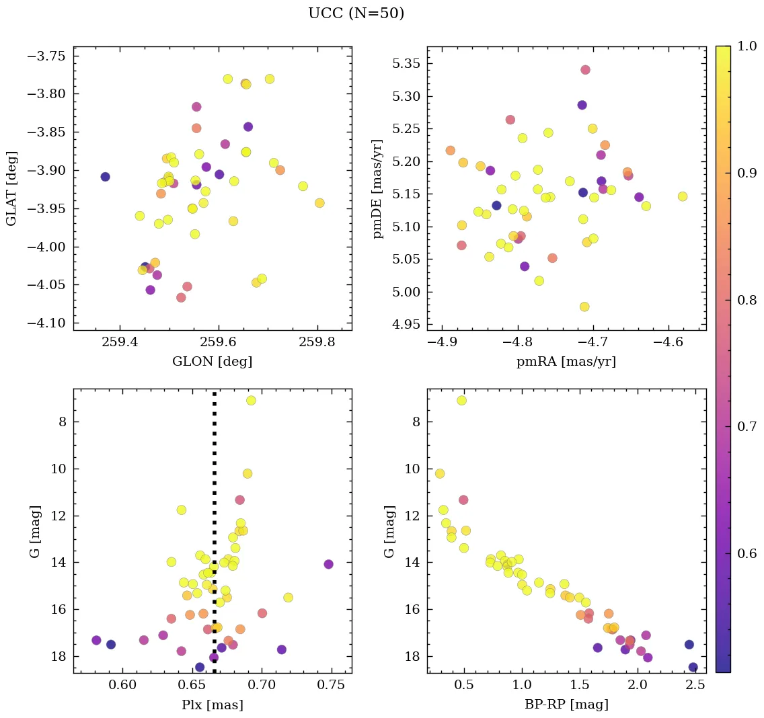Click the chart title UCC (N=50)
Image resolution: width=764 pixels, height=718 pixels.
pos(356,13)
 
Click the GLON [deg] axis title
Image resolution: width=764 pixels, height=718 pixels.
pos(213,362)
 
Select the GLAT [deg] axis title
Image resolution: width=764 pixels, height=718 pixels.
pos(11,188)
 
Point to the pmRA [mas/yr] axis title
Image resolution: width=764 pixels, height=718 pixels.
pos(566,362)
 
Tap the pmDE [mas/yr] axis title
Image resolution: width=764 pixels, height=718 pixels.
pos(379,188)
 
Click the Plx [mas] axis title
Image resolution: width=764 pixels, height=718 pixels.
pos(213,705)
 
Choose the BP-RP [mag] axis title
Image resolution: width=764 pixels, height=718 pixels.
pos(566,705)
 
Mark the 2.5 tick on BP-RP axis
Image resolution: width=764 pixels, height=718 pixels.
pos(695,685)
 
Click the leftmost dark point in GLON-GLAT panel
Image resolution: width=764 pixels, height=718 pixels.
pos(105,177)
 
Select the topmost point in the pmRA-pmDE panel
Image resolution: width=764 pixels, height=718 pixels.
pos(585,70)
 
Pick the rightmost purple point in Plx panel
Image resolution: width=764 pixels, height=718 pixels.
pos(328,564)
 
